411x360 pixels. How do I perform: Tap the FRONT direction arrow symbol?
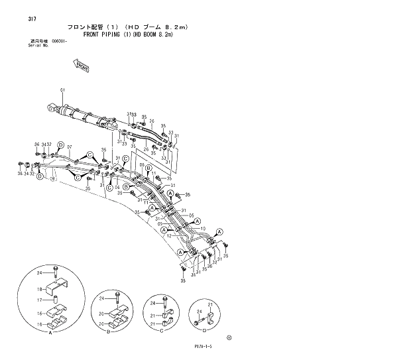78,65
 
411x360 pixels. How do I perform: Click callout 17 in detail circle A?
39,299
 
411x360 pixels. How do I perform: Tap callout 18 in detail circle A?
39,289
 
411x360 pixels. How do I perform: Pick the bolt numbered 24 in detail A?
58,272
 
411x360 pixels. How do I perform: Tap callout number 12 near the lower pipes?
170,235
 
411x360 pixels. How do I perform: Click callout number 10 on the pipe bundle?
202,226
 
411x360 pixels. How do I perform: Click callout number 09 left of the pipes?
159,223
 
